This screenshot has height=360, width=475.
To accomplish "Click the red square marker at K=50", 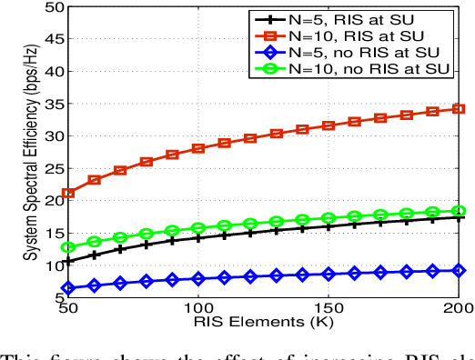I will point(68,194).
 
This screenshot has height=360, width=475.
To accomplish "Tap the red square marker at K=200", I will point(460,108).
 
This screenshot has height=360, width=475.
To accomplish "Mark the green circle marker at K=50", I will point(68,246).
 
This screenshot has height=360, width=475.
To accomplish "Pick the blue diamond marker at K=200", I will point(460,270).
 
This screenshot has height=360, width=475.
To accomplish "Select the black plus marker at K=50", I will point(68,261).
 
